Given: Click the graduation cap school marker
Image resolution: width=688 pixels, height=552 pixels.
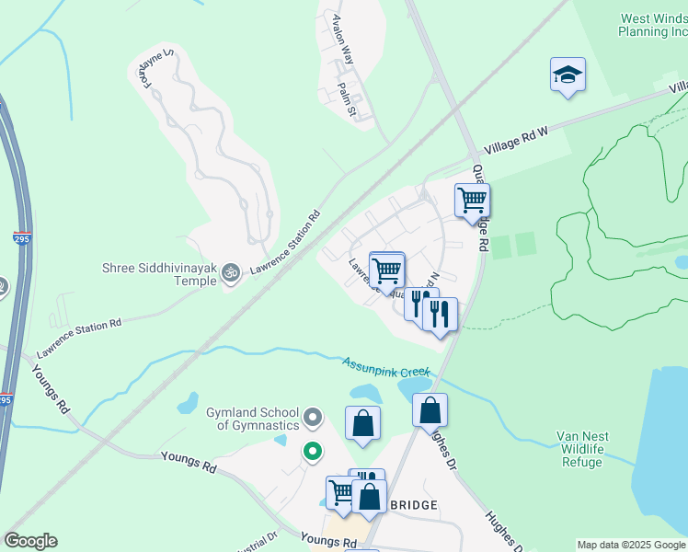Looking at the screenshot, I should pos(568,75).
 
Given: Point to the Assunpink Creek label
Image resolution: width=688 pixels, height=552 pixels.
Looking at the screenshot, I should pos(386,368).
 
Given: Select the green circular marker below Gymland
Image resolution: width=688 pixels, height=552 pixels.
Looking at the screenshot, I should pos(313,452).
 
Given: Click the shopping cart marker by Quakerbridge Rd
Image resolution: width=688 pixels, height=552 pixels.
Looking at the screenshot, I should pos(472,200).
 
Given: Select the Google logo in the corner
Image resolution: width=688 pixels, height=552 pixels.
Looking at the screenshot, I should pos(30,541).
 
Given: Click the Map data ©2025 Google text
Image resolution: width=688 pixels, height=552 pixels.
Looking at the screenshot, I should pos(631,545).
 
